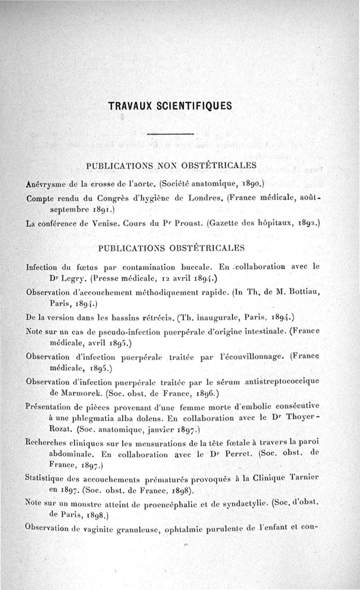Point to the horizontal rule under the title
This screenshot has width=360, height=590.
pos(170,134)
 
